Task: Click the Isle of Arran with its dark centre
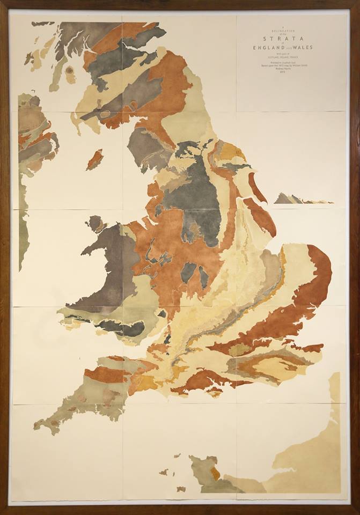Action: (x=70, y=74)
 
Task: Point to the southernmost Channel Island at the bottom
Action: (x=181, y=489)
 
